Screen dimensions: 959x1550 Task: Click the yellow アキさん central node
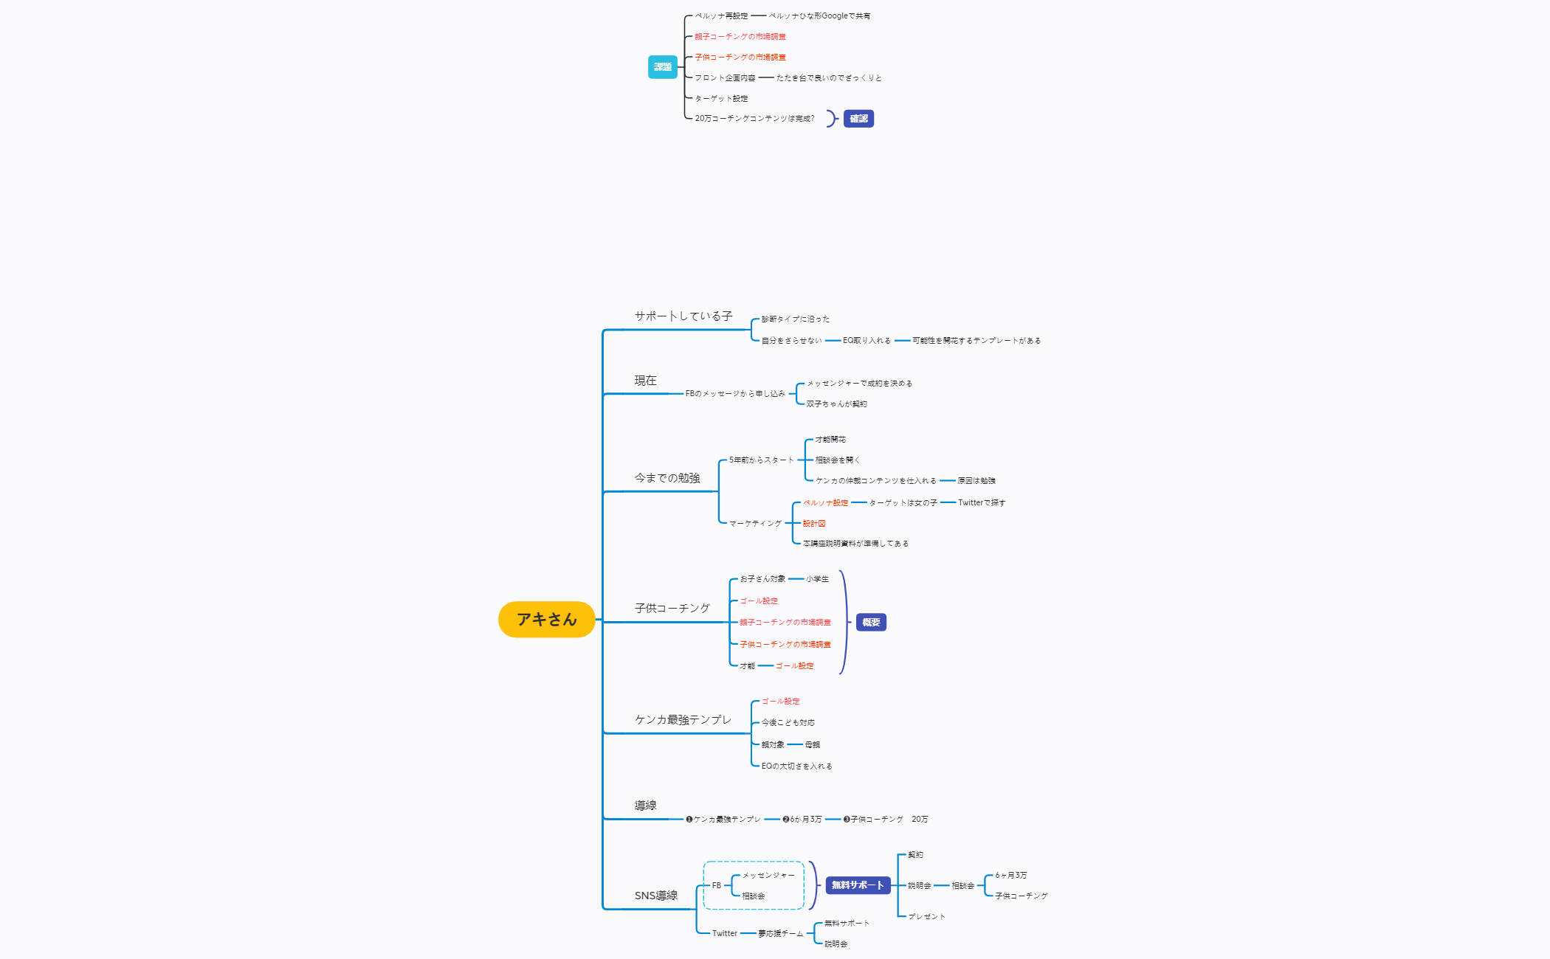[x=546, y=620]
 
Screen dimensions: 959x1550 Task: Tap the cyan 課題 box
[x=662, y=67]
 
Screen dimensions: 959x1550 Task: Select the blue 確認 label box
[x=858, y=119]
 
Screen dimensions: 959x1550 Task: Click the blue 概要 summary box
[x=871, y=623]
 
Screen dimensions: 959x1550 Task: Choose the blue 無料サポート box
[x=857, y=885]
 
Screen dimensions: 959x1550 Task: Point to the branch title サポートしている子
[x=683, y=316]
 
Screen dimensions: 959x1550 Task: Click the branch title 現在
[x=645, y=381]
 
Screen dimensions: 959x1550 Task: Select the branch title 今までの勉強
[x=666, y=478]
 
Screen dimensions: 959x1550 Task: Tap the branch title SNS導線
[x=655, y=896]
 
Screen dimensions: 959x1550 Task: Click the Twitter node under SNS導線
[x=724, y=934]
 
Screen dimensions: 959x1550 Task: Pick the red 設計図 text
[x=813, y=524]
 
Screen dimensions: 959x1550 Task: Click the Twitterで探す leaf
[x=981, y=503]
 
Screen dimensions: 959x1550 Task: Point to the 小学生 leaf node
[x=817, y=579]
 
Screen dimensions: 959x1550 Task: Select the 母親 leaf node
[x=812, y=745]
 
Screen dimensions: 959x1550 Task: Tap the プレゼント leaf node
[x=926, y=917]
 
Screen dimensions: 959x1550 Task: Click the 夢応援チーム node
[x=780, y=934]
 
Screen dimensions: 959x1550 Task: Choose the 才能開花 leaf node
[x=830, y=440]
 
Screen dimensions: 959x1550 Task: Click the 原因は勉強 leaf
[x=976, y=481]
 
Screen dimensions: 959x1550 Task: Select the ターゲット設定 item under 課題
[x=721, y=99]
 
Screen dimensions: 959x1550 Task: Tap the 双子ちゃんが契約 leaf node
[x=836, y=404]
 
